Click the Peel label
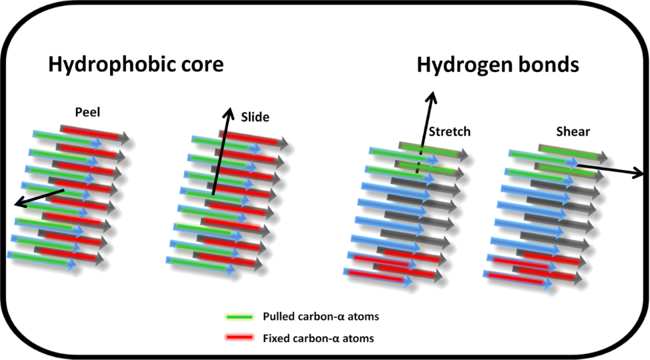88,113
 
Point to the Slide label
255,117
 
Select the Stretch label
450,131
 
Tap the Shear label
573,131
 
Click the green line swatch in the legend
239,317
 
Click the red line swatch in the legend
239,337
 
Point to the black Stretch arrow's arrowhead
431,97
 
